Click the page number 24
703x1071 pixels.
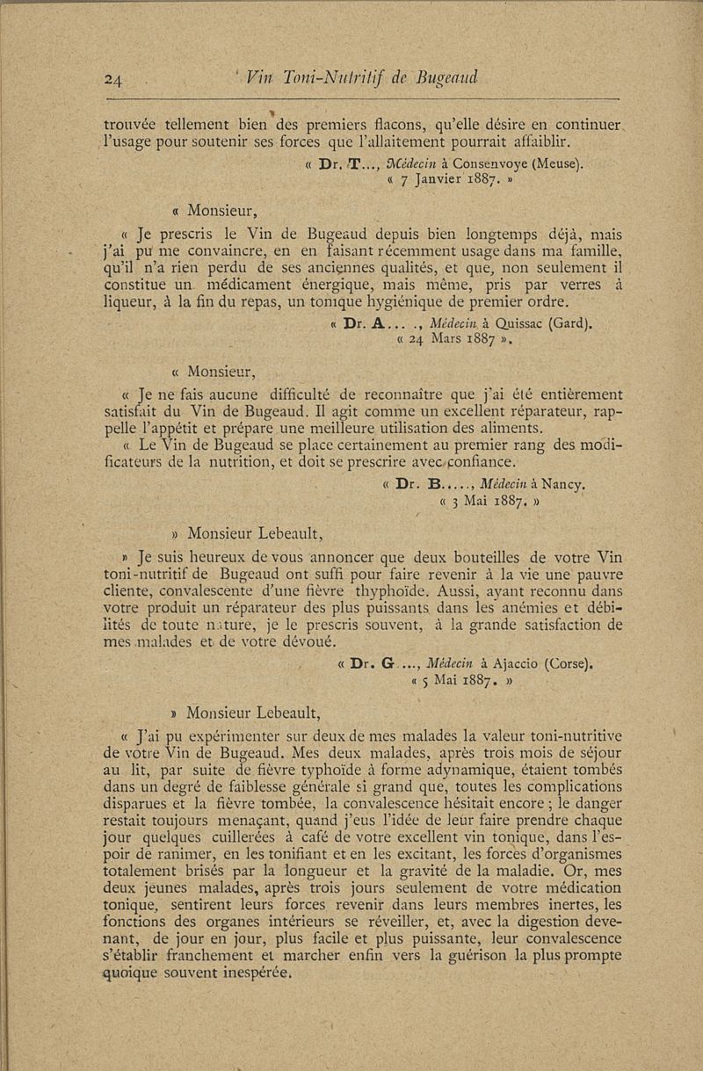click(x=113, y=80)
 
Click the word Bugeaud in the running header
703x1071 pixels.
click(x=444, y=78)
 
